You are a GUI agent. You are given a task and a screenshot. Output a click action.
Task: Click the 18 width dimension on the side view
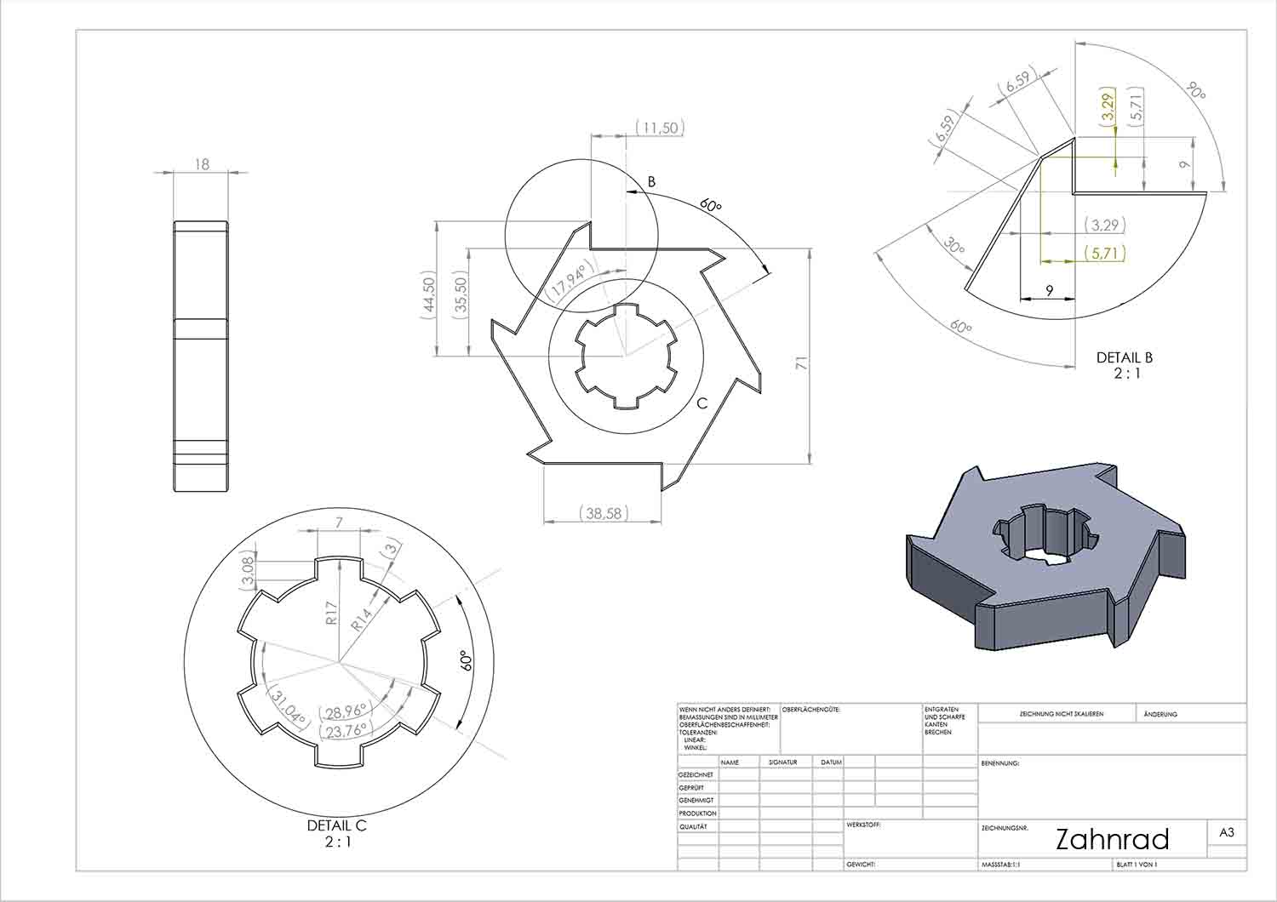pyautogui.click(x=202, y=163)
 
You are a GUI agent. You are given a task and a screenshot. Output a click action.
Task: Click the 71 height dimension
pyautogui.click(x=801, y=363)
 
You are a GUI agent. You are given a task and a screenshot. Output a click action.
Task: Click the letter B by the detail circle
pyautogui.click(x=651, y=181)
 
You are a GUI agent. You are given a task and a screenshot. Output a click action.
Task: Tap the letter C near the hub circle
pyautogui.click(x=702, y=403)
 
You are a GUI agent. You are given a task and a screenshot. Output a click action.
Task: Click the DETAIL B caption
pyautogui.click(x=1124, y=357)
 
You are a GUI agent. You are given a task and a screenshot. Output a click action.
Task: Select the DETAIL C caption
pyautogui.click(x=337, y=825)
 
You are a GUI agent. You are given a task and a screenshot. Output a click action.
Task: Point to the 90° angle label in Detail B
pyautogui.click(x=1196, y=90)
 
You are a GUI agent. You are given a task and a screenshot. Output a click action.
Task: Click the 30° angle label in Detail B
pyautogui.click(x=954, y=247)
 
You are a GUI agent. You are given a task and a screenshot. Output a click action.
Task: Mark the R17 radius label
pyautogui.click(x=333, y=614)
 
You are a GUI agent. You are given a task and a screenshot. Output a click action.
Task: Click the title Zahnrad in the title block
pyautogui.click(x=1112, y=839)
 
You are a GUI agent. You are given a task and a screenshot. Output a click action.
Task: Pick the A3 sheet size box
pyautogui.click(x=1227, y=833)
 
